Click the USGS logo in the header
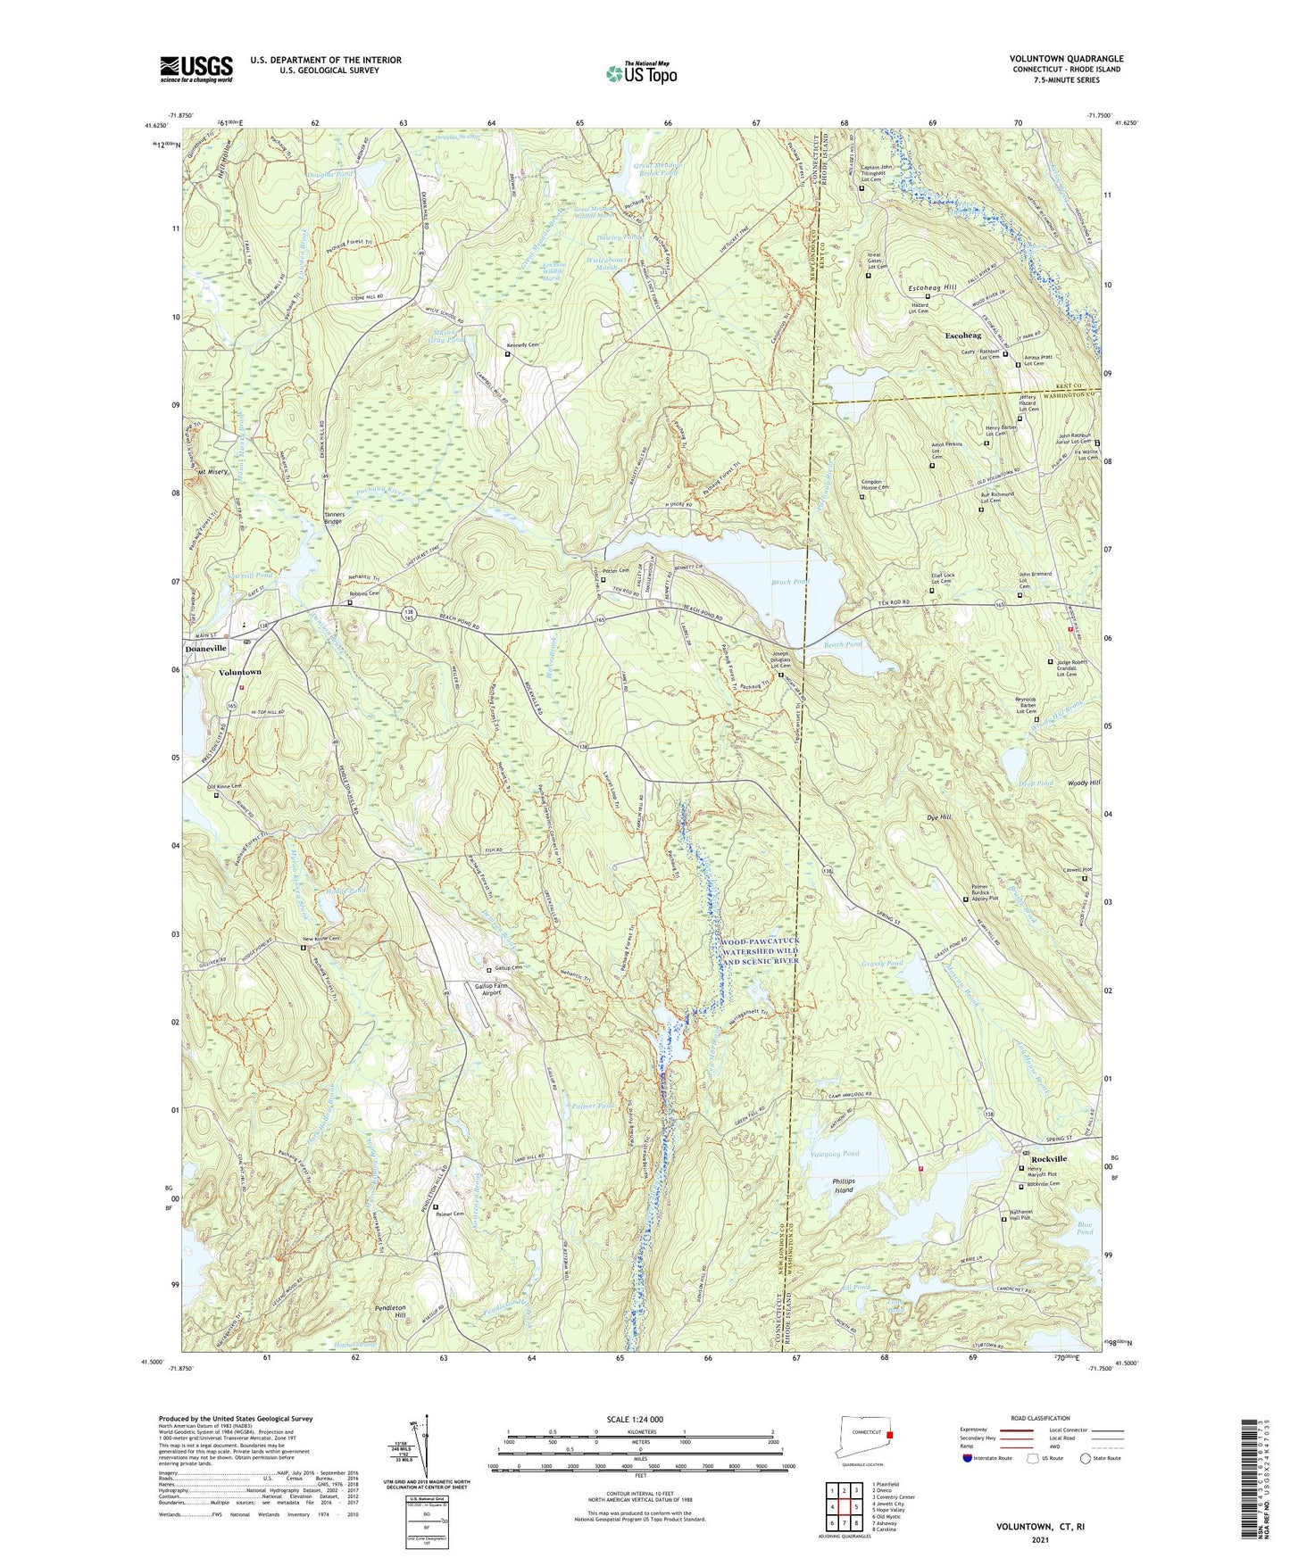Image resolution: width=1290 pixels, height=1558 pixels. tap(196, 69)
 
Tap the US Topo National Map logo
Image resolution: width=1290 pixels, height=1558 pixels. tap(640, 73)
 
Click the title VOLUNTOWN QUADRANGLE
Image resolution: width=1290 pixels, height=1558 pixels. tap(1066, 59)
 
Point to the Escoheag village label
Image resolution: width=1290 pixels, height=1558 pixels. tap(962, 336)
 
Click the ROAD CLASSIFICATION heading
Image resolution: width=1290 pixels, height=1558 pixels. tap(1040, 1418)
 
